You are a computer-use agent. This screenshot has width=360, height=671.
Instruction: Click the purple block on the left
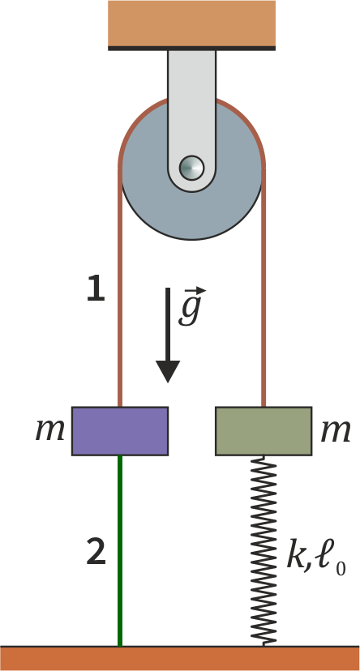pos(120,431)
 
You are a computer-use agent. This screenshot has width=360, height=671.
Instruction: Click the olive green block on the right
pos(264,431)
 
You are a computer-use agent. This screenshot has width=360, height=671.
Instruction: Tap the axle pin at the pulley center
pos(192,168)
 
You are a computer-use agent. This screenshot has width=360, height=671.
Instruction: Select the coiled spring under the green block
pos(264,550)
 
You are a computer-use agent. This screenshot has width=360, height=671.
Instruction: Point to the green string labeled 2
pos(120,551)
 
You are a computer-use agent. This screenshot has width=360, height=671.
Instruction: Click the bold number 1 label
pos(96,288)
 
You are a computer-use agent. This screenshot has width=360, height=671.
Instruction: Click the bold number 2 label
pos(96,552)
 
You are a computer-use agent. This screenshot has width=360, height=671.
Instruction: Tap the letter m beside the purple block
pos(50,430)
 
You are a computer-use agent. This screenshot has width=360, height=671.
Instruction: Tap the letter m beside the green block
pos(336,430)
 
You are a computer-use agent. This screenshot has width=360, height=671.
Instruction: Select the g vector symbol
pos(190,307)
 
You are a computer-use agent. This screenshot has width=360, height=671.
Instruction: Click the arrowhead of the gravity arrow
pos(168,371)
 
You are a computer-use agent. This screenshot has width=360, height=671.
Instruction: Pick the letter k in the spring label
pos(296,556)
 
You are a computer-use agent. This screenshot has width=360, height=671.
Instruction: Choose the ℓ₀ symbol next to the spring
pos(330,559)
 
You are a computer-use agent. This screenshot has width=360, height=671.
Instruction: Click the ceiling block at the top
pos(192,25)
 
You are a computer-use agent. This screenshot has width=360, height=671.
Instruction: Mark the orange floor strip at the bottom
pos(180,658)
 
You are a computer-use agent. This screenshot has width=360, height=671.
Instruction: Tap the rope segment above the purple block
pos(120,287)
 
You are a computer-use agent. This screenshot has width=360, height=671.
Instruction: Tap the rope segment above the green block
pos(264,287)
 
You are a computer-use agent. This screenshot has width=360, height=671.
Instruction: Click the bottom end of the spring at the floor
pos(264,645)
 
